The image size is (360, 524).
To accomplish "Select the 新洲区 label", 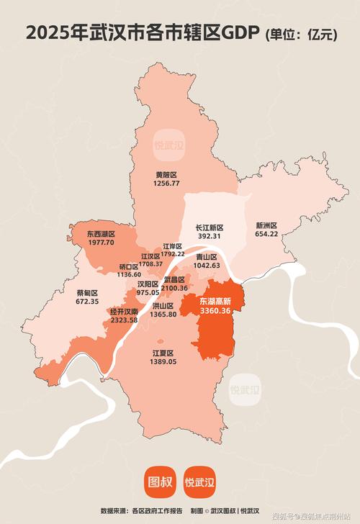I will click(266, 225).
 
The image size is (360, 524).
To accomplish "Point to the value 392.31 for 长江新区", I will click(209, 235).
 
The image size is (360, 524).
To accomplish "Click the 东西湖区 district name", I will click(101, 234).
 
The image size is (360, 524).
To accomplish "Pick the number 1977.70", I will click(101, 243).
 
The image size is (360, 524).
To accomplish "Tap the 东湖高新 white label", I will click(215, 300).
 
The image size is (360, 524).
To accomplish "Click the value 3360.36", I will click(215, 310).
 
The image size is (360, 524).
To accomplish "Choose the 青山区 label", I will click(207, 257).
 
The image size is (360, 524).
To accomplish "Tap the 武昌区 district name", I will click(174, 279).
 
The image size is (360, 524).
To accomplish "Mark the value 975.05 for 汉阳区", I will click(148, 292).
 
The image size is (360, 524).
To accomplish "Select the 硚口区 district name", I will click(129, 266).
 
